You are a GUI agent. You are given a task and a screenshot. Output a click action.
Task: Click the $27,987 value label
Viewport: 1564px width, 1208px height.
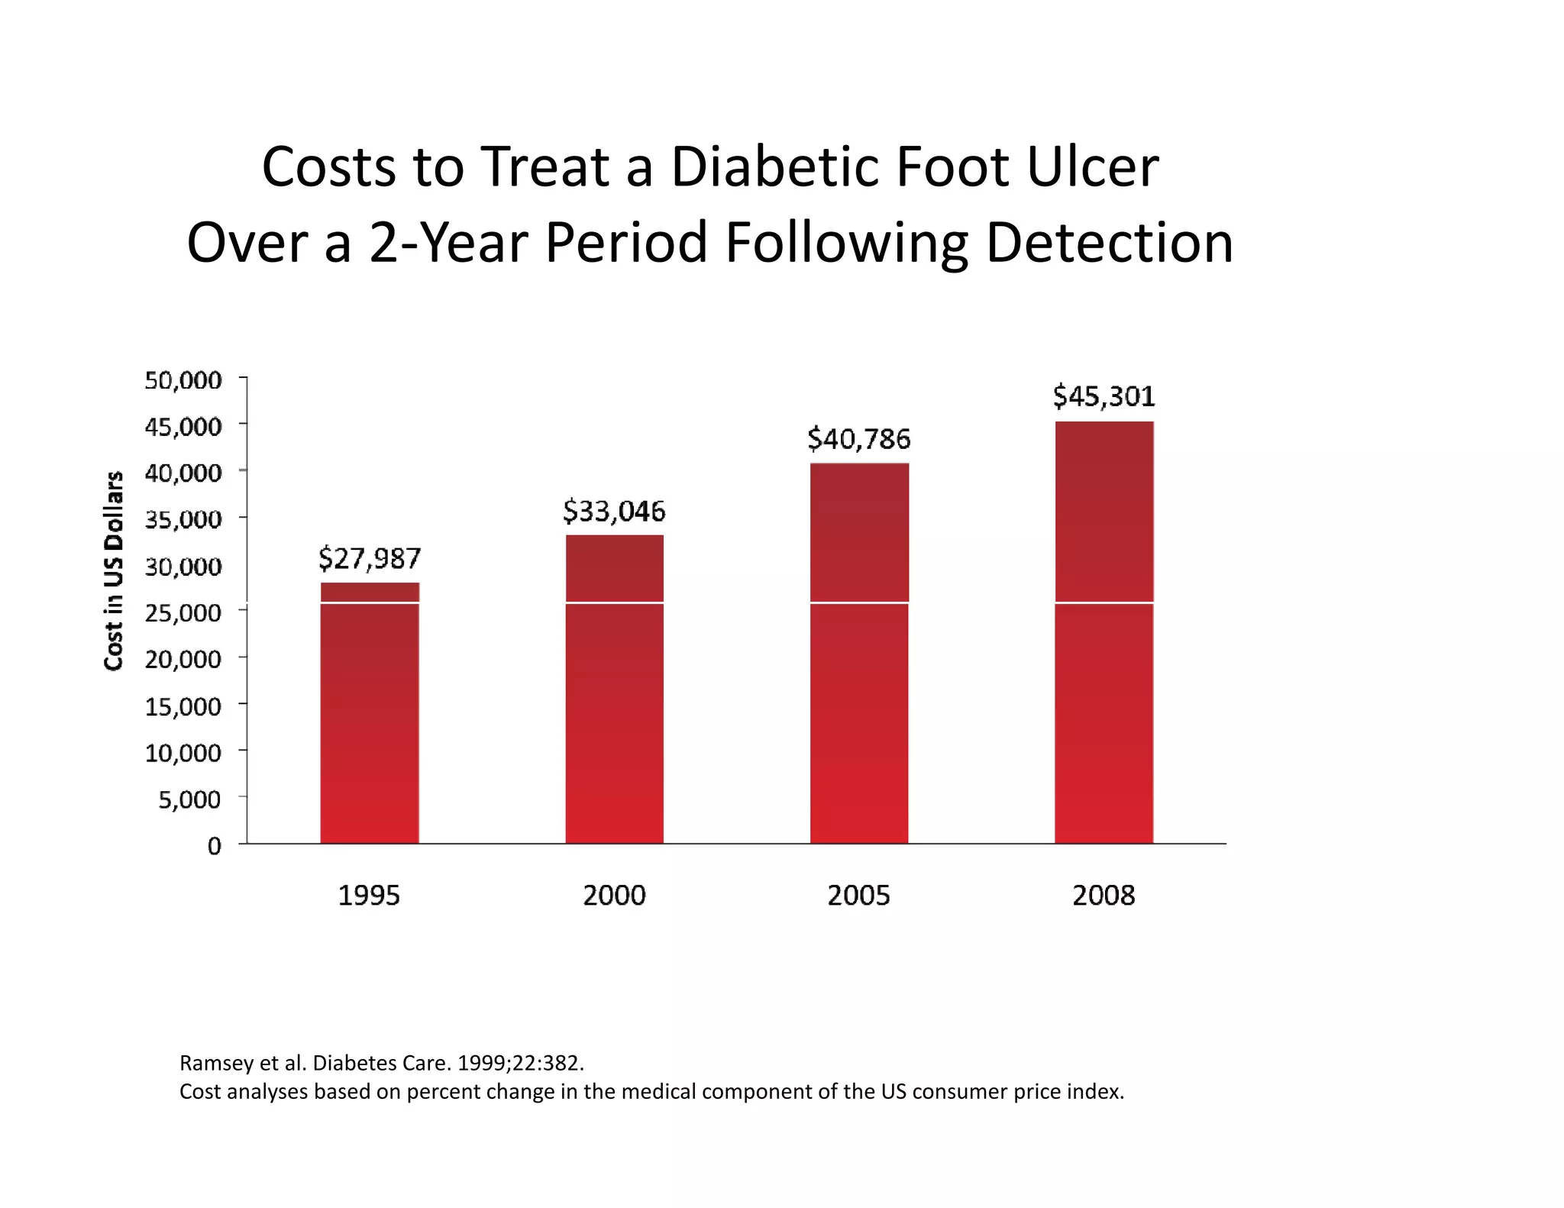pyautogui.click(x=370, y=558)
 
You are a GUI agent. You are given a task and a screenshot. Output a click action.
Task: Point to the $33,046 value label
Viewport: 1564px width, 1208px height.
pyautogui.click(x=614, y=511)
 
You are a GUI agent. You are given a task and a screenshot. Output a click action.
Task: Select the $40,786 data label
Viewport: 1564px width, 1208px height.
pyautogui.click(x=859, y=439)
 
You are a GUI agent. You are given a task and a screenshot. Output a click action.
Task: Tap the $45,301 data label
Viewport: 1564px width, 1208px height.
pyautogui.click(x=1104, y=396)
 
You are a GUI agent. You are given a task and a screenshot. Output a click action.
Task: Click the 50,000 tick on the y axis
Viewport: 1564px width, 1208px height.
pyautogui.click(x=183, y=380)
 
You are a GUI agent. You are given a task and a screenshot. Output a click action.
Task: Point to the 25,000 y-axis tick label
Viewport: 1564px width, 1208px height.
pyautogui.click(x=183, y=612)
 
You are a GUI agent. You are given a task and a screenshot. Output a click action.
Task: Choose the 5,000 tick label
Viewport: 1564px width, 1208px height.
pyautogui.click(x=189, y=799)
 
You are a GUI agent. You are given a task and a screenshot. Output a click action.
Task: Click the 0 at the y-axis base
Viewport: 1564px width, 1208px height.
pyautogui.click(x=215, y=846)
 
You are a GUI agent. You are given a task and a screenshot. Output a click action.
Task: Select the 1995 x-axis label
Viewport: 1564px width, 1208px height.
pyautogui.click(x=369, y=895)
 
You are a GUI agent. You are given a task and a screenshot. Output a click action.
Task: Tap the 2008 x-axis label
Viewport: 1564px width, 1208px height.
pyautogui.click(x=1104, y=895)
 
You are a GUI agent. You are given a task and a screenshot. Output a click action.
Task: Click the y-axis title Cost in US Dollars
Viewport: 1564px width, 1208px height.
pyautogui.click(x=114, y=570)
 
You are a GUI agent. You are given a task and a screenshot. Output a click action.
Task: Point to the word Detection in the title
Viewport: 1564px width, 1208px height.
pyautogui.click(x=1109, y=243)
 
